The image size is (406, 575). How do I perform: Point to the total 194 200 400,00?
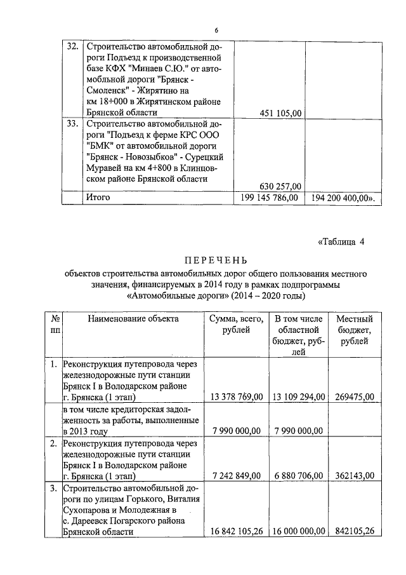(x=341, y=198)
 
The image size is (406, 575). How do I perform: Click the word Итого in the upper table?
(x=98, y=198)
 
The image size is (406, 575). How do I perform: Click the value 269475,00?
(x=355, y=396)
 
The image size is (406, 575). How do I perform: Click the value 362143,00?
(x=355, y=475)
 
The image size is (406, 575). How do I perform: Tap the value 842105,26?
(x=355, y=532)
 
